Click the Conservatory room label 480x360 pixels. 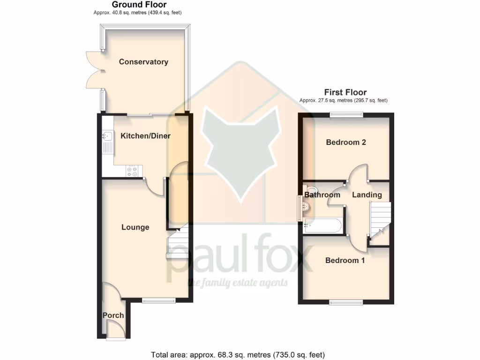coord(143,62)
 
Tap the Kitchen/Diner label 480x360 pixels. coord(146,136)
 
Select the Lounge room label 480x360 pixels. coord(135,227)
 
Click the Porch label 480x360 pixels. coord(113,315)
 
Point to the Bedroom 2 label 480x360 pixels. coord(346,142)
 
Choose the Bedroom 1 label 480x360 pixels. coord(345,260)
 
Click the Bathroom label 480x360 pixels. coord(322,195)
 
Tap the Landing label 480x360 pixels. coord(367,195)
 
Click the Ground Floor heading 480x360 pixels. coord(139,5)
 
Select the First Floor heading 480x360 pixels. coord(345,92)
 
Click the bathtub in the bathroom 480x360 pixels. coord(323,226)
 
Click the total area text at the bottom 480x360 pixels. coord(238,354)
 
